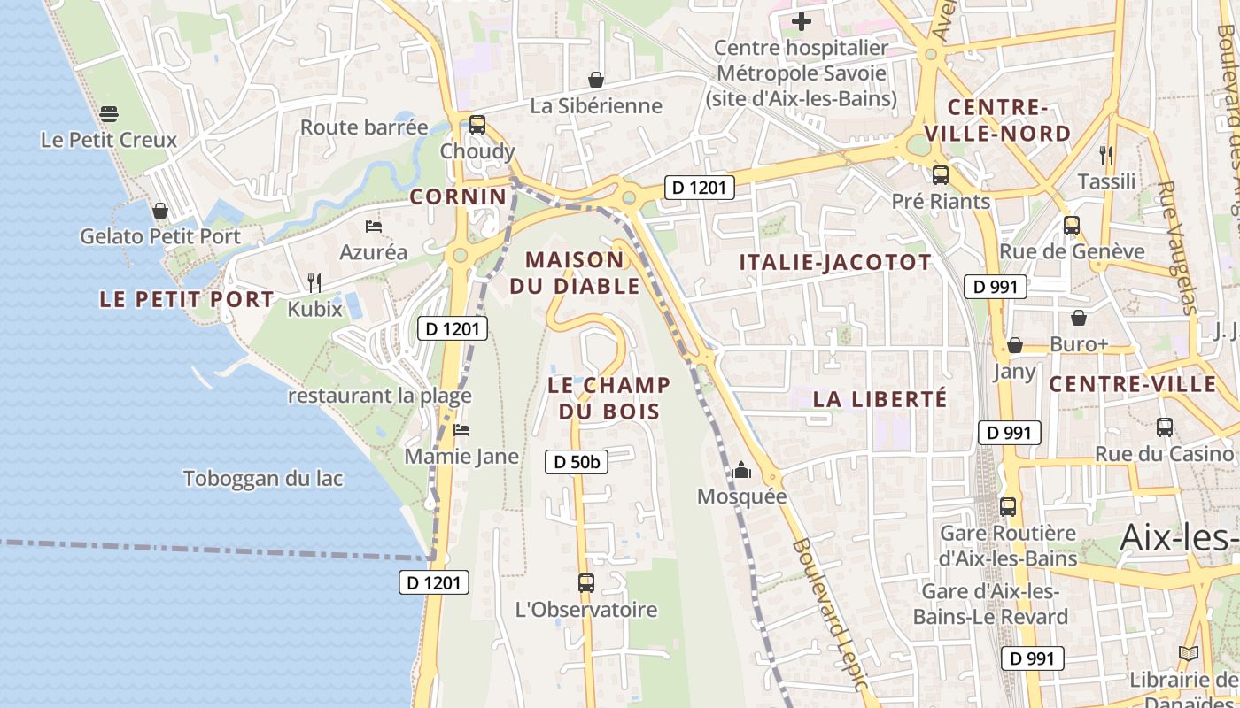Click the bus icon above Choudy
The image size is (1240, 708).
(x=477, y=125)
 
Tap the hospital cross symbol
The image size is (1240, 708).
(x=802, y=21)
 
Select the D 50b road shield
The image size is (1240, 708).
(x=576, y=461)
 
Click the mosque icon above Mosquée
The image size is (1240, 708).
(x=741, y=470)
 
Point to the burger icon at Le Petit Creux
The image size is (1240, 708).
(x=109, y=114)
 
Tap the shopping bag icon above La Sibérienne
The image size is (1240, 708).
(x=596, y=80)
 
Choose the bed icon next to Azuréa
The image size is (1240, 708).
(x=373, y=227)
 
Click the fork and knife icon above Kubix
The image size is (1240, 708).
(x=314, y=283)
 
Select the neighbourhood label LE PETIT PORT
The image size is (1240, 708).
(x=187, y=299)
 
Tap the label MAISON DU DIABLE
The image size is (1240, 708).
(x=575, y=273)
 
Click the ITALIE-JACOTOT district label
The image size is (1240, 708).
(x=835, y=262)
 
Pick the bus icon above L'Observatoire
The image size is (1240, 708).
(x=585, y=583)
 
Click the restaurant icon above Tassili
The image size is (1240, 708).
(x=1105, y=156)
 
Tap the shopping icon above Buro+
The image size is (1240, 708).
(x=1079, y=318)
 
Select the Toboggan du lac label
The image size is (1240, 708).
(x=263, y=479)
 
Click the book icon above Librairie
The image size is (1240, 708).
(x=1188, y=654)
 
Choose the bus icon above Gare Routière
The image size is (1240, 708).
(x=1008, y=507)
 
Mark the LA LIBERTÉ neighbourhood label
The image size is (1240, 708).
(x=880, y=399)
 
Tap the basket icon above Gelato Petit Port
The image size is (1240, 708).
(x=160, y=211)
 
